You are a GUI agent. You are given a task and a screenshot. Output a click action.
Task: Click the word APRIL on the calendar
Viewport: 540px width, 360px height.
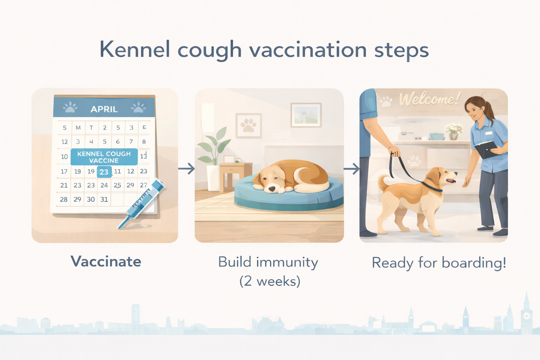104,109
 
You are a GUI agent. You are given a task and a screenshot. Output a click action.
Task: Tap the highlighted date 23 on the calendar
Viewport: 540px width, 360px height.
104,172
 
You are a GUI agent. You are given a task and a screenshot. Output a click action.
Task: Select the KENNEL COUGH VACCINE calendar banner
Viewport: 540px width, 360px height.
104,157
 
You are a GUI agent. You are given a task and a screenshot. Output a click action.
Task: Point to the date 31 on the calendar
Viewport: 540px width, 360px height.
104,199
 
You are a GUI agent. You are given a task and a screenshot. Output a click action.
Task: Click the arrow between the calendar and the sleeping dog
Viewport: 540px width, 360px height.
186,169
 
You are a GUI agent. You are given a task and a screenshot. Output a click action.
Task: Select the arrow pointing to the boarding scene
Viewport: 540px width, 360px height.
351,169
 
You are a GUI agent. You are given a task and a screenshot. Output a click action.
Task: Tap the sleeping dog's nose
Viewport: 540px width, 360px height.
272,189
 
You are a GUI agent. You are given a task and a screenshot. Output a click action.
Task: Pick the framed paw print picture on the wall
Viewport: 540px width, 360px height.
249,126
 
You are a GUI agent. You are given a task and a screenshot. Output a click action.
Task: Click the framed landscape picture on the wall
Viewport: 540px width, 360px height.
306,115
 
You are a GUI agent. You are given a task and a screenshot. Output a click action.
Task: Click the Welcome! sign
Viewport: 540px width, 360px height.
429,99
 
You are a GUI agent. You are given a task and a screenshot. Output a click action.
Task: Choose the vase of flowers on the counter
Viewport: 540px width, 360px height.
454,131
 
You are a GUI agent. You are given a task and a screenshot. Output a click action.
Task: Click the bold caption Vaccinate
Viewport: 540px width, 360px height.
106,262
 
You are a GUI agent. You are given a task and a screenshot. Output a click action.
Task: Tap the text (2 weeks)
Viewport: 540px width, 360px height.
270,281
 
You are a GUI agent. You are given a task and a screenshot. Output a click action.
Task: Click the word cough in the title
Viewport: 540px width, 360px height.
210,50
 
